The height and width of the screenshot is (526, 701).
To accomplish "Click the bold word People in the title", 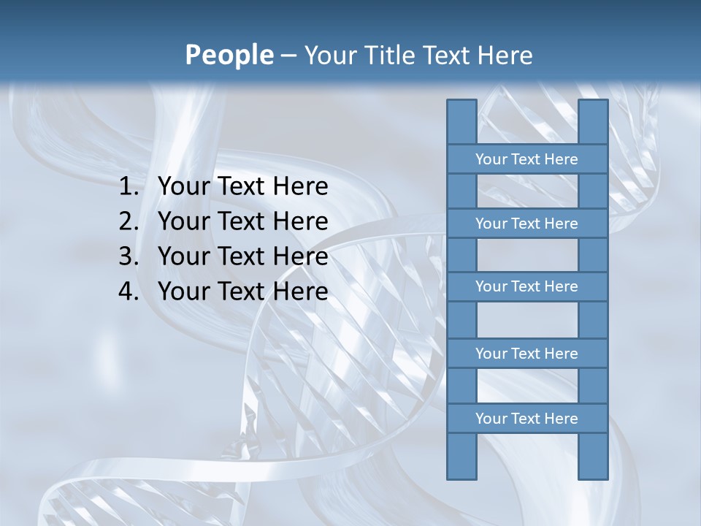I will point(229,56).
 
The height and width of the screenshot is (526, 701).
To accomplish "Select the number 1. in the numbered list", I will point(129,187).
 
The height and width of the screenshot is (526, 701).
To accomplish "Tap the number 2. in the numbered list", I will point(129,222).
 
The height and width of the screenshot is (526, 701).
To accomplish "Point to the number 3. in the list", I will point(129,257).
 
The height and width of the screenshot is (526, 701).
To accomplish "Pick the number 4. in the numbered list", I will point(129,292).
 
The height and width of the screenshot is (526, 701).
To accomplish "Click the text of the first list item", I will point(242,187).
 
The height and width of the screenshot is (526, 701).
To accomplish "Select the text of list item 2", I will point(242,222).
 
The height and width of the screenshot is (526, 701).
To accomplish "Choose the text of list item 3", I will point(242,257).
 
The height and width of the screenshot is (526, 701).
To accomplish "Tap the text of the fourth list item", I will point(242,292).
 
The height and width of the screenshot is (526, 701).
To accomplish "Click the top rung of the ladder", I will point(526,159).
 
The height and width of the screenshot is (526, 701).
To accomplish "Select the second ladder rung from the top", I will point(526,224).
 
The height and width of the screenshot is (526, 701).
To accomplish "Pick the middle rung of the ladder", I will point(526,286).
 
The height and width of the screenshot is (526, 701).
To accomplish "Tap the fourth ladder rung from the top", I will point(526,354).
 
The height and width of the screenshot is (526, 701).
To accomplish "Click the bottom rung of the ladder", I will point(526,419).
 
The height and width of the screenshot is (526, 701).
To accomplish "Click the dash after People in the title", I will point(288,56).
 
